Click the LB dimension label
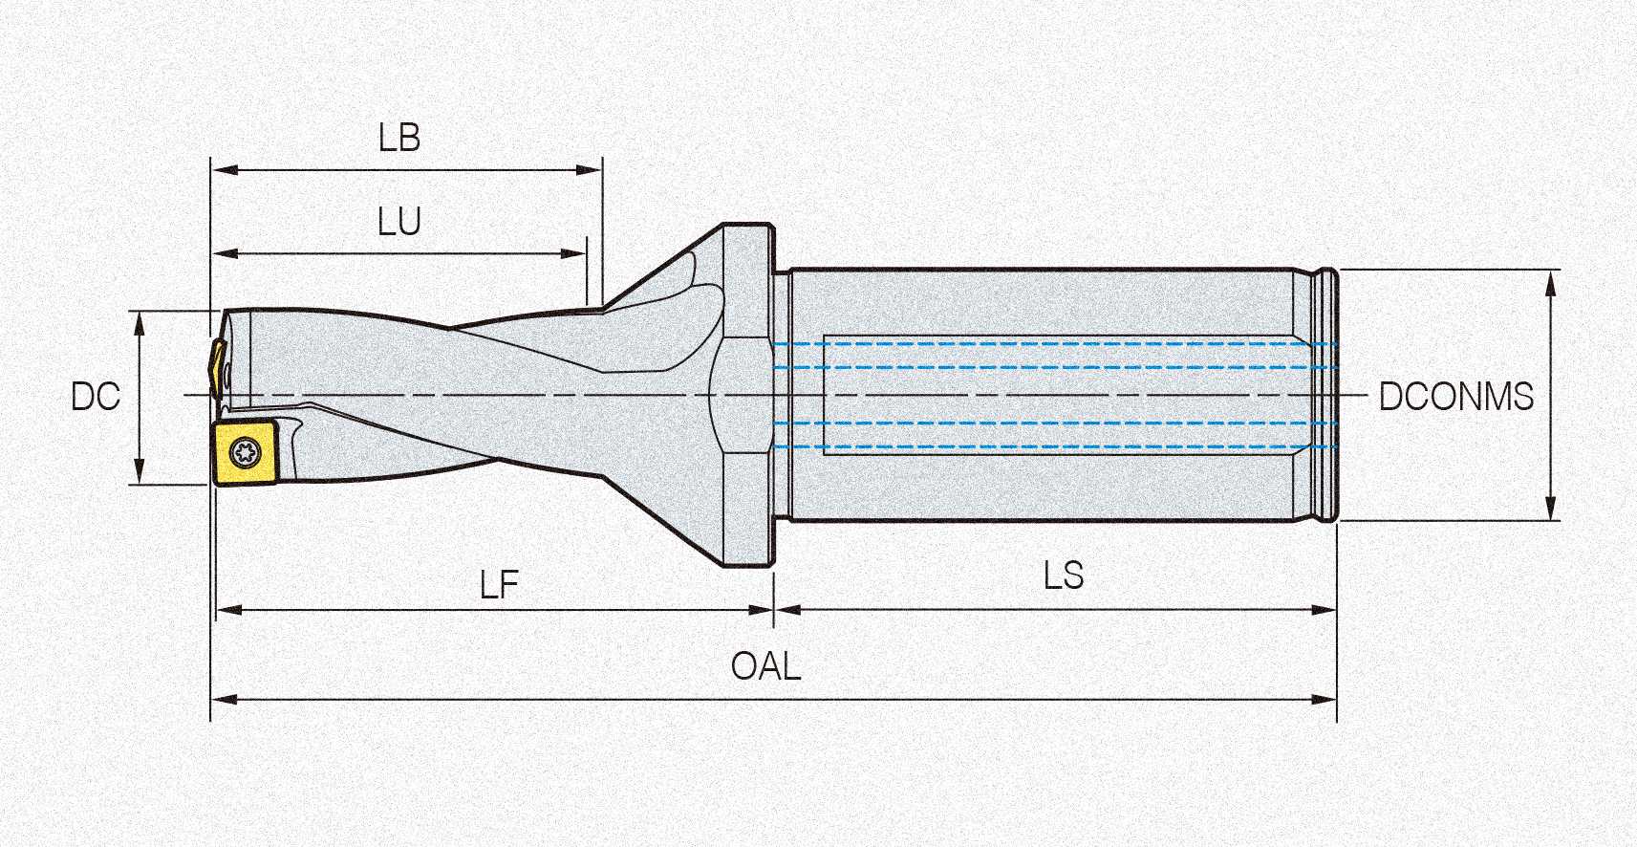point(399,139)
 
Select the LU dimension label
point(399,223)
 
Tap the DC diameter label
point(96,397)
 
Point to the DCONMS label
point(1455,396)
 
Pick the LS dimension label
point(1063,576)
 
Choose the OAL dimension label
point(765,666)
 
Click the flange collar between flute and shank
point(747,396)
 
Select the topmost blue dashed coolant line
point(1051,343)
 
